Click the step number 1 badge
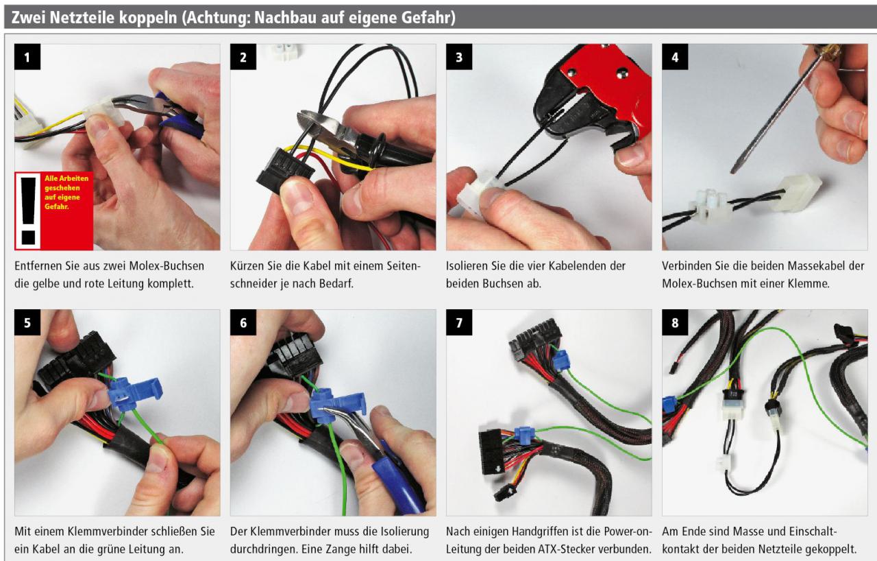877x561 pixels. coord(27,57)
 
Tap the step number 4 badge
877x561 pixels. coord(675,57)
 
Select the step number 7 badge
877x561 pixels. coord(459,322)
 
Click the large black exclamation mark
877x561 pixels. coord(29,211)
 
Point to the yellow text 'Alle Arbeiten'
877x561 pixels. coord(66,178)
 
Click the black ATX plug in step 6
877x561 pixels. coord(295,355)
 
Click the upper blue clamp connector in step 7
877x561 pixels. coord(561,359)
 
